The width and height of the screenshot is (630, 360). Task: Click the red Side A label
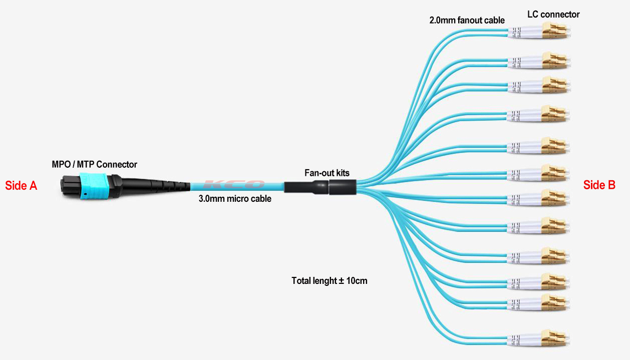click(x=21, y=186)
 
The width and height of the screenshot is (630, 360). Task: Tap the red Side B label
click(x=599, y=185)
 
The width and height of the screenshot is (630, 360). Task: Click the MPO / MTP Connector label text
click(x=95, y=164)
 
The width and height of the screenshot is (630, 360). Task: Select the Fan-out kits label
click(x=327, y=173)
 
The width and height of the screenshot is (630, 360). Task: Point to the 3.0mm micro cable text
click(x=235, y=199)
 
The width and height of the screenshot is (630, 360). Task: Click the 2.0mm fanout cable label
click(x=467, y=20)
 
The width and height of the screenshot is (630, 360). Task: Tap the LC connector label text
click(x=553, y=15)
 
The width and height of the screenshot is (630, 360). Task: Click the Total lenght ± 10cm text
click(x=330, y=281)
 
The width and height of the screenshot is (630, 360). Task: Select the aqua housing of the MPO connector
click(x=93, y=186)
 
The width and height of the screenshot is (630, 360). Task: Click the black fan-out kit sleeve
click(x=321, y=187)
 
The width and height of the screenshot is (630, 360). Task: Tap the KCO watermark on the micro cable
click(x=234, y=184)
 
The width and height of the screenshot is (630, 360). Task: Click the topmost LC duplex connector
click(x=538, y=31)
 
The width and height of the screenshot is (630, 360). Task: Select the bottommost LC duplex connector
click(x=538, y=338)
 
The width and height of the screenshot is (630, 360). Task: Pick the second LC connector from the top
click(x=538, y=61)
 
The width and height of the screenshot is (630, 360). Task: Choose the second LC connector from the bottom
click(x=538, y=302)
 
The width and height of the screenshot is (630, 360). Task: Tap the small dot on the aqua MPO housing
click(x=86, y=194)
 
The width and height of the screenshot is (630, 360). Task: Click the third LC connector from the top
click(x=538, y=85)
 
